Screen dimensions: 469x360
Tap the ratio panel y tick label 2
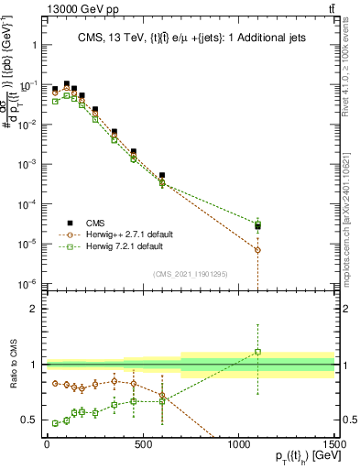click(31, 309)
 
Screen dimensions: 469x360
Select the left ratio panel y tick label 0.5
click(27, 420)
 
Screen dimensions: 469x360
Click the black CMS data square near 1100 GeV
click(258, 226)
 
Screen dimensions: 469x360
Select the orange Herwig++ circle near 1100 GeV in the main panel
click(258, 250)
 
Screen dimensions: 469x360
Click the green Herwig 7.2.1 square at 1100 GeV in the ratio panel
click(258, 351)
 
